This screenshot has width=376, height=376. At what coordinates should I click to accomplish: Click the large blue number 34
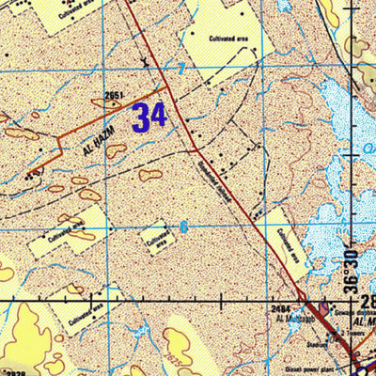point(149,117)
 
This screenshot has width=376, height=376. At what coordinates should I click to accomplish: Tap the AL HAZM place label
point(98,139)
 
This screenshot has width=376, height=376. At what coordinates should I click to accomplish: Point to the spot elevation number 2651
point(115,95)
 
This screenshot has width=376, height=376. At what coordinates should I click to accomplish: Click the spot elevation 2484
point(279,307)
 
